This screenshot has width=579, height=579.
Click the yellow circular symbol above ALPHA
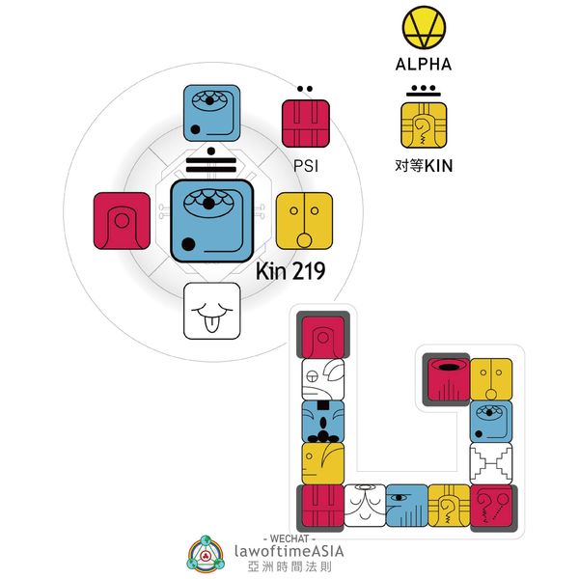click(x=424, y=31)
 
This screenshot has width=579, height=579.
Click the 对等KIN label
click(x=424, y=165)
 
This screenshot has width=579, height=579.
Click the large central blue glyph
click(x=212, y=220)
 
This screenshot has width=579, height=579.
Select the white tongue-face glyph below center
click(x=212, y=311)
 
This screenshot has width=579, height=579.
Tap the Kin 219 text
click(x=289, y=271)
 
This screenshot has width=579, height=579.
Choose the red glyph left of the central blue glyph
click(x=123, y=220)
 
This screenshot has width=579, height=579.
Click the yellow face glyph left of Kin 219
click(x=304, y=220)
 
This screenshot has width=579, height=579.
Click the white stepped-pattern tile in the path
click(x=490, y=463)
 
